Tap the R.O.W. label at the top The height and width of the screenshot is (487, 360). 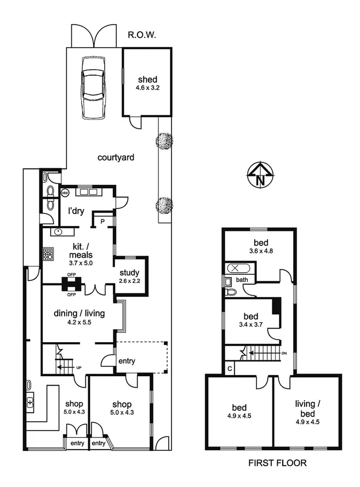click(x=142, y=35)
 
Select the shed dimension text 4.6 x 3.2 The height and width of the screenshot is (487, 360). click(x=147, y=87)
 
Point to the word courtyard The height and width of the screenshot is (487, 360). click(x=116, y=158)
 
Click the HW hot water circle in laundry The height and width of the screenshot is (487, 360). click(x=65, y=193)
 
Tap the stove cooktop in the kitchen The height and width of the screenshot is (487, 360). click(x=48, y=254)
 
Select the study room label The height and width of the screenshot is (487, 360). click(x=129, y=273)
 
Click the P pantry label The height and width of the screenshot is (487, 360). click(x=102, y=221)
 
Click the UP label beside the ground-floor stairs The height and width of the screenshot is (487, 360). click(x=79, y=367)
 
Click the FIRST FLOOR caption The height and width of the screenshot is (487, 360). click(x=277, y=463)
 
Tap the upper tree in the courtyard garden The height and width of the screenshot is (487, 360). click(x=164, y=141)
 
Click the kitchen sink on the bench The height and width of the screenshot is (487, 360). click(x=57, y=232)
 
